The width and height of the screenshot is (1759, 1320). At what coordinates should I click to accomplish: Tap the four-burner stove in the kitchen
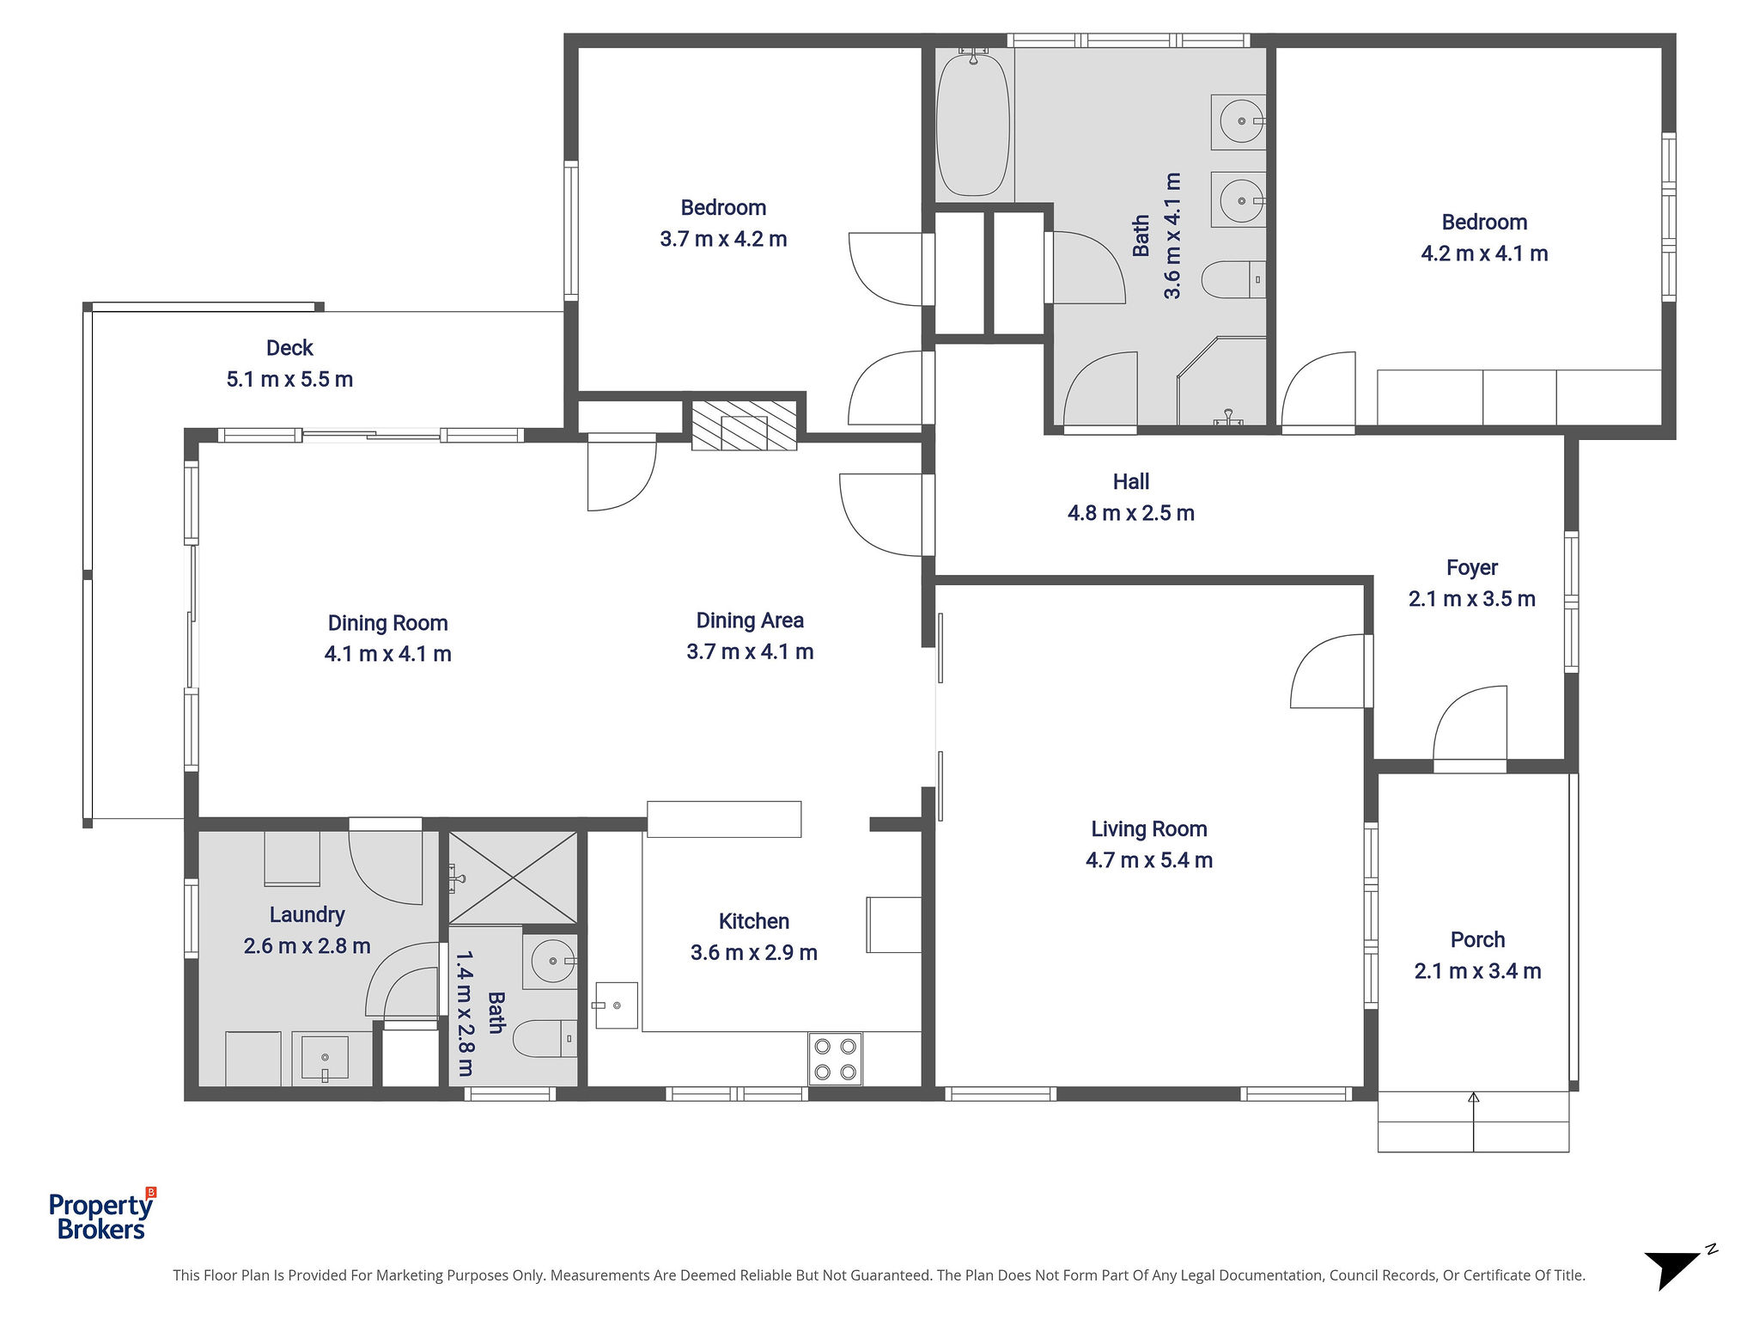pyautogui.click(x=835, y=1059)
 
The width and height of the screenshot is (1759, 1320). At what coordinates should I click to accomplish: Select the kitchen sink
pyautogui.click(x=617, y=1005)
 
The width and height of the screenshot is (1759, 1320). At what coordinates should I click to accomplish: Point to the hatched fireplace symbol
pyautogui.click(x=745, y=425)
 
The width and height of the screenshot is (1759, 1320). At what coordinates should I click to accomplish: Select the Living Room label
pyautogui.click(x=1149, y=829)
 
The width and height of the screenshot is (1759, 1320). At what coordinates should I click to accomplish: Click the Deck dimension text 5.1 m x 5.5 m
pyautogui.click(x=289, y=379)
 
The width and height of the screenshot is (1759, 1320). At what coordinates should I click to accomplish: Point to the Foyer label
pyautogui.click(x=1472, y=568)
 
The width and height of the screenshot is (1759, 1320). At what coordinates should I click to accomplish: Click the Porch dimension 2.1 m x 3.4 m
pyautogui.click(x=1477, y=971)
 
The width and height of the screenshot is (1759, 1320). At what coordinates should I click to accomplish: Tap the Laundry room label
pyautogui.click(x=307, y=915)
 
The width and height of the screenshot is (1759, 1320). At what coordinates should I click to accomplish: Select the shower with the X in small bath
pyautogui.click(x=513, y=877)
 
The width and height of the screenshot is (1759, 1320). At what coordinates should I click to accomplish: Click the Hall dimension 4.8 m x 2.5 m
pyautogui.click(x=1130, y=513)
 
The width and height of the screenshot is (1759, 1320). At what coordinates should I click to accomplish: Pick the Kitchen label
pyautogui.click(x=753, y=921)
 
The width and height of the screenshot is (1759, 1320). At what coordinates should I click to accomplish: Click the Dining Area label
pyautogui.click(x=750, y=620)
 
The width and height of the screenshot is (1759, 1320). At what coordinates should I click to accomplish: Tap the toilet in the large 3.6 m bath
pyautogui.click(x=1233, y=279)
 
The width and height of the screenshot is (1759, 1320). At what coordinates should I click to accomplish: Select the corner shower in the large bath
pyautogui.click(x=1222, y=381)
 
